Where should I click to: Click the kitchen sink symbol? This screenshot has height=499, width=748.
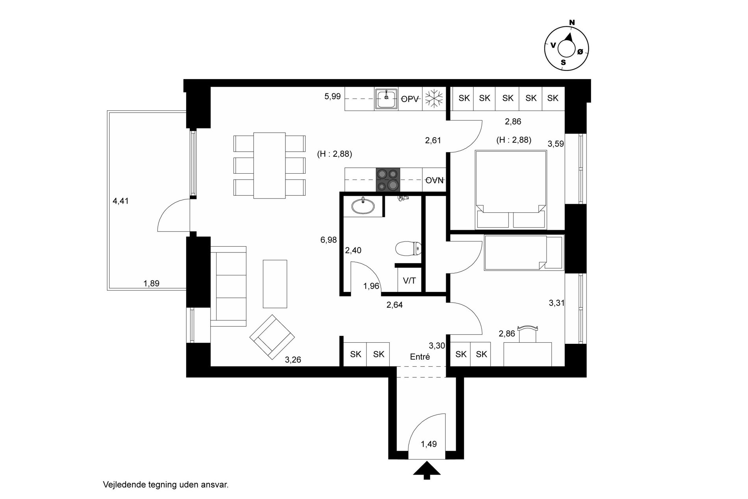click(x=386, y=98)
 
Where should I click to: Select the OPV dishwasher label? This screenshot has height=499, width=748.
click(x=409, y=99)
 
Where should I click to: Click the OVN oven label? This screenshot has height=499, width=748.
click(x=435, y=180)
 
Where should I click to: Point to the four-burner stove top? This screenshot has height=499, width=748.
click(x=388, y=180)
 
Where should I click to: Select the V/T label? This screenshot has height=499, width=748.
click(x=409, y=281)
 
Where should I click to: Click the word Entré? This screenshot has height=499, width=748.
click(x=420, y=357)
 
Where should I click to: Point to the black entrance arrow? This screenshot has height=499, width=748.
click(x=426, y=470)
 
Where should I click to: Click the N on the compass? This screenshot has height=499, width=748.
click(x=572, y=22)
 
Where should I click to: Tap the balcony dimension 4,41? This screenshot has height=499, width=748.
click(x=120, y=201)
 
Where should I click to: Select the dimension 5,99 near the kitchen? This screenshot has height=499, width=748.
click(x=332, y=96)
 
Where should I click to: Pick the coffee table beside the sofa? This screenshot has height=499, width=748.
click(x=275, y=284)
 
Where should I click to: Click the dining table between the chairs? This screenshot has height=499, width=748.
click(x=270, y=165)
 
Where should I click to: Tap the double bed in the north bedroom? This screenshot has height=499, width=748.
click(x=511, y=189)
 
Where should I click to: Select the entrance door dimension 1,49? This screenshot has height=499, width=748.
click(x=428, y=444)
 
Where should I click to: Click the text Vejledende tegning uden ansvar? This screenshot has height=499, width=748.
click(x=166, y=485)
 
